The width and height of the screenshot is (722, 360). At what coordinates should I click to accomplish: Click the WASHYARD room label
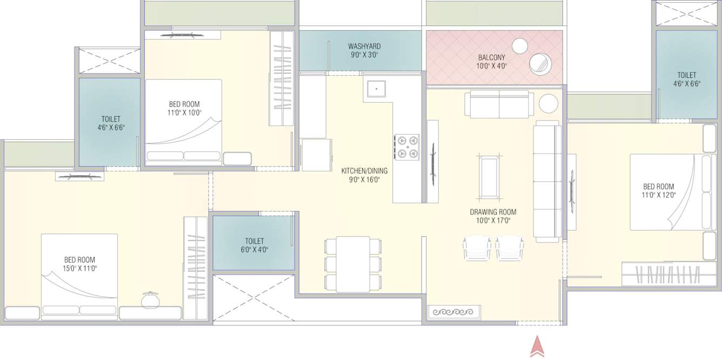[364, 46]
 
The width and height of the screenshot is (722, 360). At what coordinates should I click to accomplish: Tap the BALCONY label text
[491, 58]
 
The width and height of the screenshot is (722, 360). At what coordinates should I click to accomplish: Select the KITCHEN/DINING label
[364, 171]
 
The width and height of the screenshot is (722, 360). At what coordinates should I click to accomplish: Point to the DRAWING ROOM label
[493, 212]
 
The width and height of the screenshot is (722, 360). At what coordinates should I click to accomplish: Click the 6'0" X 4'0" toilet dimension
[254, 250]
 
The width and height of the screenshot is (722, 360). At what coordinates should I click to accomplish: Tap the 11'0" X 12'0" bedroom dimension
[658, 195]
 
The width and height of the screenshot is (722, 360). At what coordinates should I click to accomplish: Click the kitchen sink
[376, 89]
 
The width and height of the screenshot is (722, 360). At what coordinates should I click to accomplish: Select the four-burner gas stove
[406, 146]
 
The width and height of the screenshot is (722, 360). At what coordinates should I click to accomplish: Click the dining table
[352, 264]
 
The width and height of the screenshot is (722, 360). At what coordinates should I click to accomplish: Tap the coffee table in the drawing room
[490, 177]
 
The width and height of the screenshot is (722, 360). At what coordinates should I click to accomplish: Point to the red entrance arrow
[537, 346]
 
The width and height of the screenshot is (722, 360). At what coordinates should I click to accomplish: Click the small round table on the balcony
[520, 46]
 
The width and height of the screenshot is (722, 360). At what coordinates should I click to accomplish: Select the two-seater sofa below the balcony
[499, 104]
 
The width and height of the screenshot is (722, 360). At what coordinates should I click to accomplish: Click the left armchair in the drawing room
[477, 248]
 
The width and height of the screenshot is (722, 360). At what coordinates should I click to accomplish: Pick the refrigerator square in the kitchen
[316, 155]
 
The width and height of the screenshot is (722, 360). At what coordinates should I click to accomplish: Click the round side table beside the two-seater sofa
[548, 103]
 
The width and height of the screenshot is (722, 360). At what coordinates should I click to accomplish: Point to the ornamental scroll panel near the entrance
[454, 312]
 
